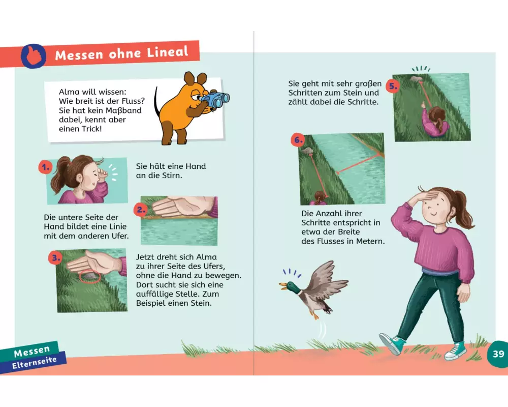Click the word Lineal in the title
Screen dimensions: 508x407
click(x=167, y=52)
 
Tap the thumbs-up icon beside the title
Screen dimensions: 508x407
click(x=34, y=56)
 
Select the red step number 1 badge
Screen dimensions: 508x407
click(x=46, y=167)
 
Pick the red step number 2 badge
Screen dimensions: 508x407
click(x=141, y=210)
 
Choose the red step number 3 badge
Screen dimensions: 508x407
click(x=55, y=258)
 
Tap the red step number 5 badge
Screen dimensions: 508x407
click(x=393, y=86)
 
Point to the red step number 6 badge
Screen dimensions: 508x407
click(x=298, y=140)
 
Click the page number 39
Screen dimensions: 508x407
click(x=498, y=354)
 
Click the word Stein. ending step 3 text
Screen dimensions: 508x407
click(x=201, y=303)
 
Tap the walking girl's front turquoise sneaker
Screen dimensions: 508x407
click(x=393, y=344)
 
